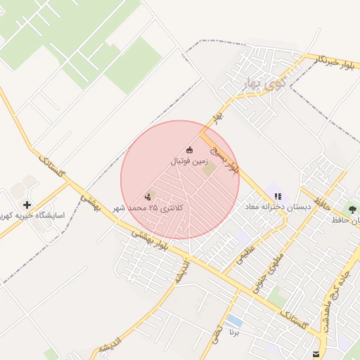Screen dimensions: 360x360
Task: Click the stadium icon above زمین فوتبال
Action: pos(188,150)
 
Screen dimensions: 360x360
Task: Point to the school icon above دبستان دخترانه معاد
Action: pos(278,196)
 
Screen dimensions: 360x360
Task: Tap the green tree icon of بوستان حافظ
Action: pos(352,210)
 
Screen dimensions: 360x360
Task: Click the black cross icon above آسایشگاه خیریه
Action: pos(27,205)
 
